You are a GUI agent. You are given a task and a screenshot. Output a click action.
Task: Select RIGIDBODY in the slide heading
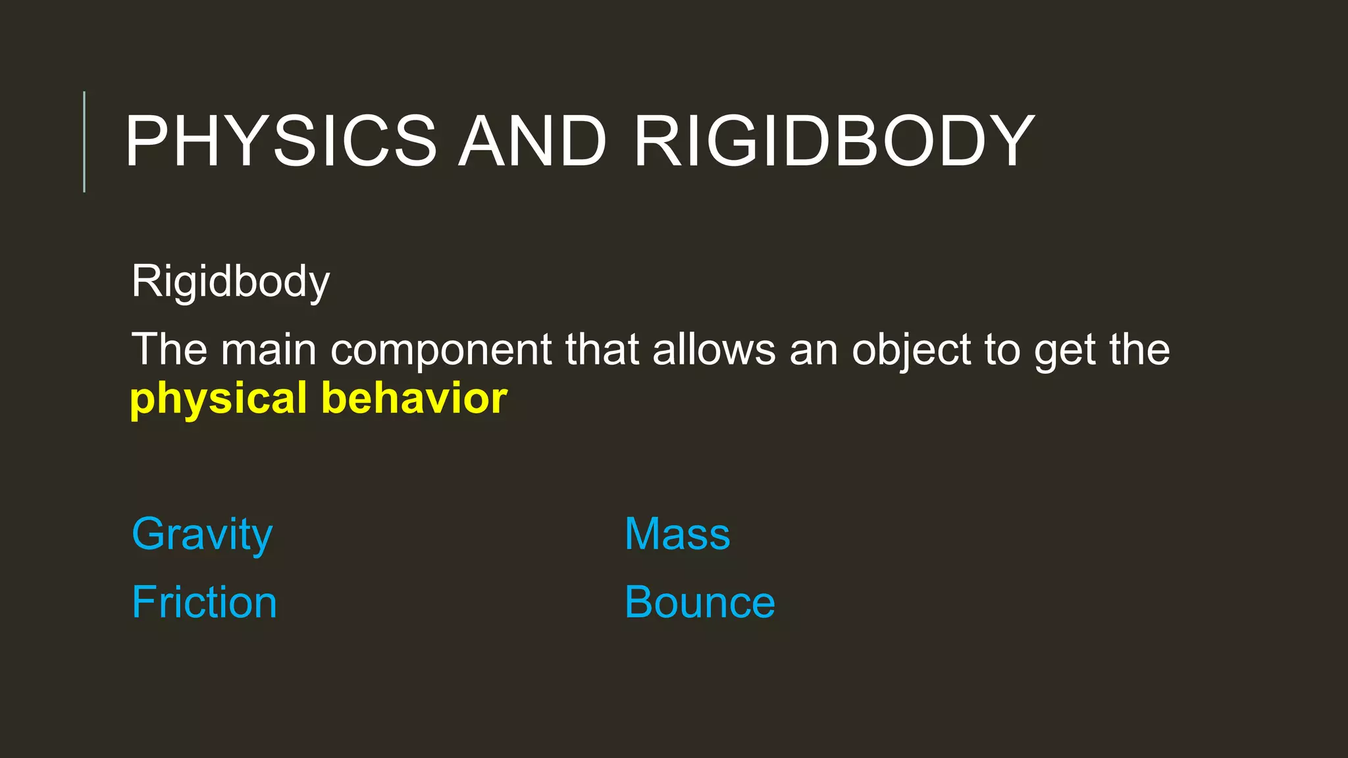point(834,141)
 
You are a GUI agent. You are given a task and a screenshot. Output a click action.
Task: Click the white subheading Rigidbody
point(230,282)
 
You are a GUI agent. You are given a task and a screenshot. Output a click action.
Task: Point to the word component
point(441,350)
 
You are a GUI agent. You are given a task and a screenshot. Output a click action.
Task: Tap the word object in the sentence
point(912,350)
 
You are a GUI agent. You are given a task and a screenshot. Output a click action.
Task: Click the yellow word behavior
point(414,398)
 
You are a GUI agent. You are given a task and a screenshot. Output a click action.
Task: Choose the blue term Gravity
point(202,534)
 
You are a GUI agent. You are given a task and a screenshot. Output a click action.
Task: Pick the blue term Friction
point(204,602)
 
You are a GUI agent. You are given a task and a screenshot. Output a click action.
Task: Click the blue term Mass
point(677,534)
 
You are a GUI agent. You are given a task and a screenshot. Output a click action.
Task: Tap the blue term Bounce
point(700,602)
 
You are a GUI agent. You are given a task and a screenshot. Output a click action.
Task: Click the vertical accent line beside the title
point(84,141)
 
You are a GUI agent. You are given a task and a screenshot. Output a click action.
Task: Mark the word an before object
point(814,350)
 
